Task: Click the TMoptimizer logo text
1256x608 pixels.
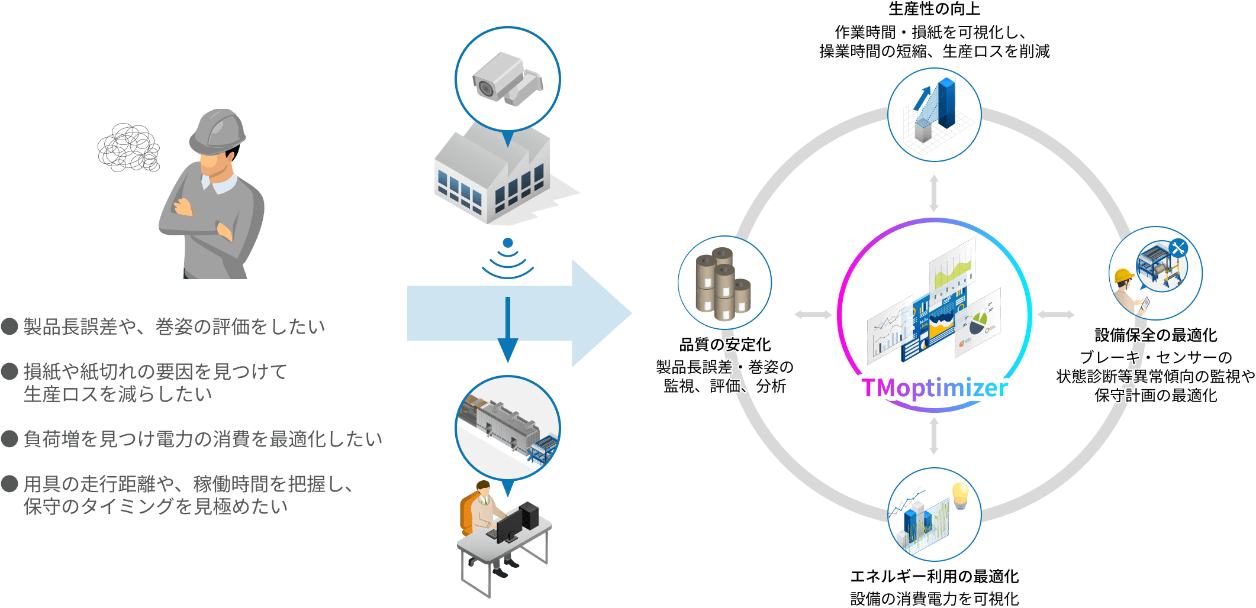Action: coord(934,388)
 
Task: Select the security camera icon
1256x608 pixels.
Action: coord(507,79)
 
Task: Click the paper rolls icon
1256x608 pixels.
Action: coord(723,283)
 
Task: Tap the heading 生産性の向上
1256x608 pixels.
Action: coord(934,9)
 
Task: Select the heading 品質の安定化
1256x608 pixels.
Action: coord(725,344)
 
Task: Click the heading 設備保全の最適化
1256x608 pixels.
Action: coord(1155,335)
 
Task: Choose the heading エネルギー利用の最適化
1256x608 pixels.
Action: coord(934,576)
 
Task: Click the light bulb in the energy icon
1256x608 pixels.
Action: coord(959,494)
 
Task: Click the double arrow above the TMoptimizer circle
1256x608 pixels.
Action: coord(934,193)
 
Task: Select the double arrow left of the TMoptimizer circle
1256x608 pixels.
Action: coord(813,315)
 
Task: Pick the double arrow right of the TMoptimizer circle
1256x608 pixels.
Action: coord(1056,315)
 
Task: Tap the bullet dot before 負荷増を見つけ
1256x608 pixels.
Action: coord(9,438)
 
